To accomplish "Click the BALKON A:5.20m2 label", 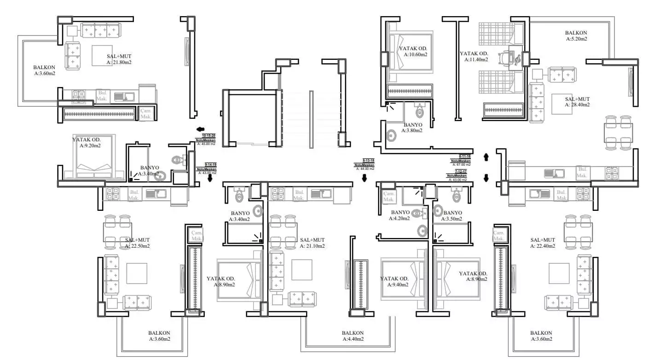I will pos(576,36).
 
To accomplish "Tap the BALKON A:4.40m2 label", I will pos(353,336).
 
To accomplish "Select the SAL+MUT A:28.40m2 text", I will pos(577,102).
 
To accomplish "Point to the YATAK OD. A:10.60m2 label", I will pos(413,52).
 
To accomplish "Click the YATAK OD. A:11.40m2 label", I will pos(474,56).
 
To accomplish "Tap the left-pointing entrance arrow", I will pos(200,130).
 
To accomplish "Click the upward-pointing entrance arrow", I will pos(486,157).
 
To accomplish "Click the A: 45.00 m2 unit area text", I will pos(206,144).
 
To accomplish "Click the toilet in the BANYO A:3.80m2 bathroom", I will pos(419,111).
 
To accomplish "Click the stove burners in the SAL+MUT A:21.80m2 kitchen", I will pos(78,96).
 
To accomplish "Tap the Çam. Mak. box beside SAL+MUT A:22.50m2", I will pos(197,236).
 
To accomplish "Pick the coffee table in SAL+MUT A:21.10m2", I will pos(301,270).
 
